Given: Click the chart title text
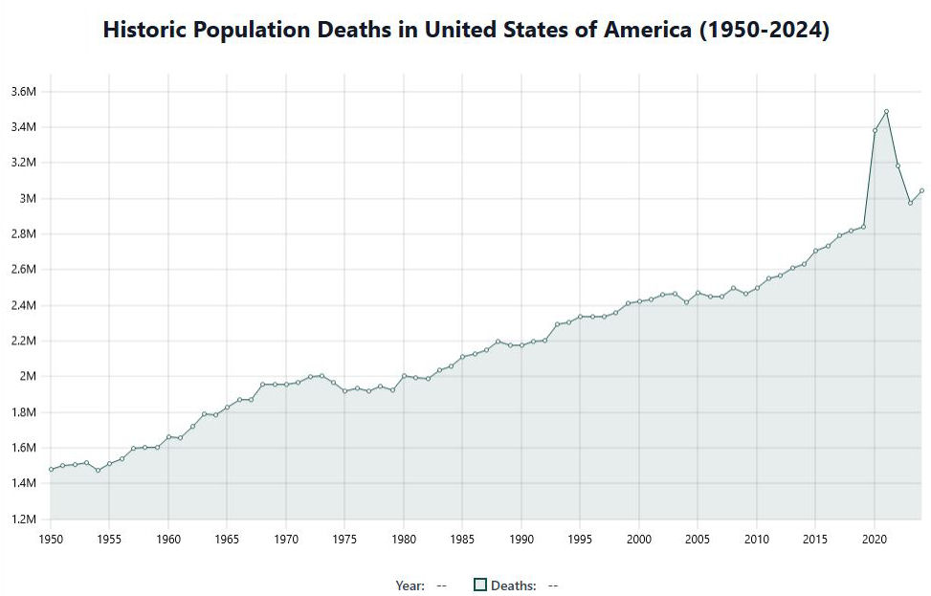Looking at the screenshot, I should click(x=465, y=30).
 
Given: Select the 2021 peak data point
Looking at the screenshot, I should click(x=886, y=112).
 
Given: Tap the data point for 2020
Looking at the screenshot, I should click(x=875, y=130).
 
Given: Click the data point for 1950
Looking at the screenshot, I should click(x=51, y=469).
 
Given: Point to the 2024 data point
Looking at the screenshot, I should click(x=921, y=190).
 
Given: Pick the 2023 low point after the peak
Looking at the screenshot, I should click(x=910, y=203).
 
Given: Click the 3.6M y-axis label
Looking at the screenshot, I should click(x=23, y=92).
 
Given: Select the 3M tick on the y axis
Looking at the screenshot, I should click(x=29, y=199).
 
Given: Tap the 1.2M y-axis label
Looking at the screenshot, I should click(x=23, y=519).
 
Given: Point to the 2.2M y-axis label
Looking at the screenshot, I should click(x=23, y=342).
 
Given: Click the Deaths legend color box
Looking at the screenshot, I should click(x=480, y=585).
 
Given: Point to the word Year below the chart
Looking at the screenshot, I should click(x=409, y=585).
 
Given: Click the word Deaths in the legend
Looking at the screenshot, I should click(x=512, y=585).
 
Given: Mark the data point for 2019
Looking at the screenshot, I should click(x=863, y=227).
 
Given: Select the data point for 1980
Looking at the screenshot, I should click(x=404, y=376).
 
